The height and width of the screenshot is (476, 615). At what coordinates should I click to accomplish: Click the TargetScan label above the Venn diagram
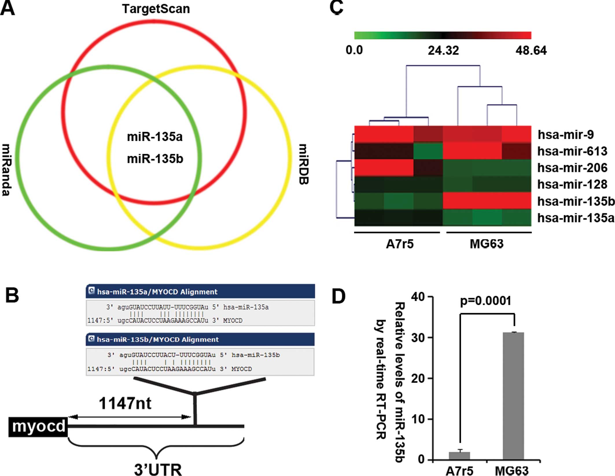[156, 9]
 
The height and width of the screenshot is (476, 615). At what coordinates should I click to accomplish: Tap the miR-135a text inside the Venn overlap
[155, 137]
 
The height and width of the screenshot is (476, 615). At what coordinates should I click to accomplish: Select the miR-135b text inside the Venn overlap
[155, 159]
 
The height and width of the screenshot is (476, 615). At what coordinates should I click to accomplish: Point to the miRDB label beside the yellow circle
[304, 164]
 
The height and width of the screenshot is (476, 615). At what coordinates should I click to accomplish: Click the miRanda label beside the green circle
[6, 170]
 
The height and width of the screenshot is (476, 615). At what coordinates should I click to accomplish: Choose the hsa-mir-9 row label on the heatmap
[566, 134]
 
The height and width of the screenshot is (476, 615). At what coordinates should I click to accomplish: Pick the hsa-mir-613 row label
[572, 151]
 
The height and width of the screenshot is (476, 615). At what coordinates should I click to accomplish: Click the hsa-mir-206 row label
[572, 168]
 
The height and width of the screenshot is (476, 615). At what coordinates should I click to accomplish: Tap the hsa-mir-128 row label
[572, 184]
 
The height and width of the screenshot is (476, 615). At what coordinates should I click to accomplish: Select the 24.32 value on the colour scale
[443, 51]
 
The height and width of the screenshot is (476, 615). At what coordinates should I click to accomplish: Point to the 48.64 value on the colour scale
[531, 51]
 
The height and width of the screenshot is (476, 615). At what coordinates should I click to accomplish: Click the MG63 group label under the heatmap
[486, 244]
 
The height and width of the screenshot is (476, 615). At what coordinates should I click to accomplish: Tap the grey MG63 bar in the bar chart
[513, 396]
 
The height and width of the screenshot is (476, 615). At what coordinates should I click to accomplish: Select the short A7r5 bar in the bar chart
[459, 456]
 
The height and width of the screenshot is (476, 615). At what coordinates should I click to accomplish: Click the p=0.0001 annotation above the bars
[485, 301]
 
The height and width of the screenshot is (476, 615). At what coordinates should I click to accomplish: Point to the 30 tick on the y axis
[418, 337]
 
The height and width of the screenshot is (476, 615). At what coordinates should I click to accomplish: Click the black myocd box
[38, 427]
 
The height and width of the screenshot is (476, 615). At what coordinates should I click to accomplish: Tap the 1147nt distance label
[125, 403]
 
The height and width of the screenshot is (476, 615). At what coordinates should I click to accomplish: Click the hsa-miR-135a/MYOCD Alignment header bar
[200, 291]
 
